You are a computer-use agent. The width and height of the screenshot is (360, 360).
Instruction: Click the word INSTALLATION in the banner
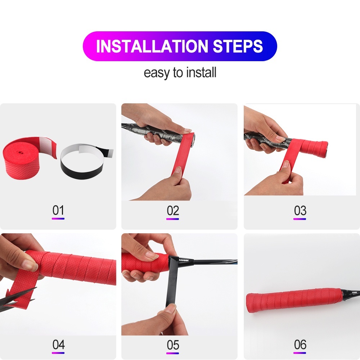click(x=152, y=46)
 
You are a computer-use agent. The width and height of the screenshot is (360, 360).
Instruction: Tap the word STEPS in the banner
click(x=238, y=46)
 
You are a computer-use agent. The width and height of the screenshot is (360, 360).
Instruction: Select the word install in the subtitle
click(x=201, y=72)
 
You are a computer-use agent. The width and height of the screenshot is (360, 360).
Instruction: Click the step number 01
click(x=58, y=210)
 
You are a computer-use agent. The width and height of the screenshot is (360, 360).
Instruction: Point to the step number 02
click(x=173, y=211)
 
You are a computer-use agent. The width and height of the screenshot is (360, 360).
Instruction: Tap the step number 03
click(x=300, y=211)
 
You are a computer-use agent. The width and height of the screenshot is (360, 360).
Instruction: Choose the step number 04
click(x=58, y=345)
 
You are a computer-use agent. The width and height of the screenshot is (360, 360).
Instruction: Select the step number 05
click(x=173, y=345)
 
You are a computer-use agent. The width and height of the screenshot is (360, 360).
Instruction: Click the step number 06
click(x=300, y=345)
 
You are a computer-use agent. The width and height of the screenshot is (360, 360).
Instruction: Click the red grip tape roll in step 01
click(x=25, y=158)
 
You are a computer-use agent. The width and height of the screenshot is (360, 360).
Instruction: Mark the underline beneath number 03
click(x=300, y=219)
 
